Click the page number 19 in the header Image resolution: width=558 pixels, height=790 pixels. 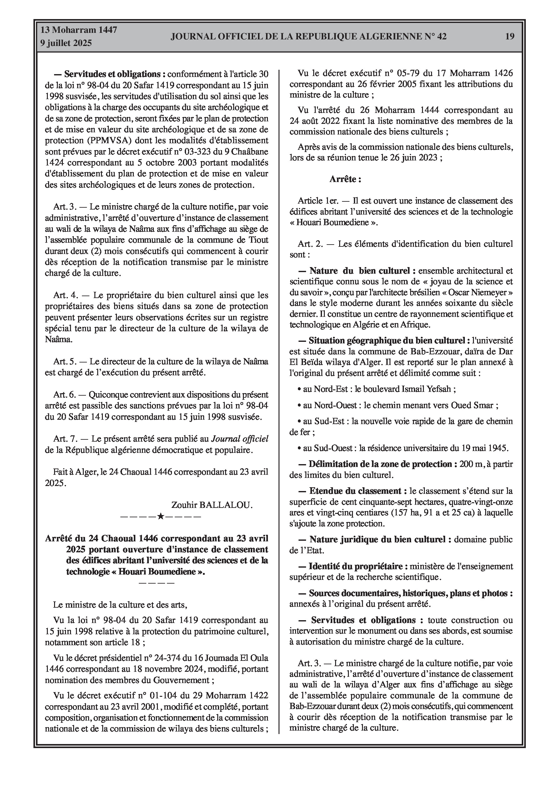pyautogui.click(x=510, y=37)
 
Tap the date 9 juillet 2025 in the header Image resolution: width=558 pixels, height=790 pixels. pyautogui.click(x=66, y=43)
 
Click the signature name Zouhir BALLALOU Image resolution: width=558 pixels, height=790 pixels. pyautogui.click(x=212, y=505)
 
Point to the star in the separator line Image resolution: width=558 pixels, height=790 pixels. pyautogui.click(x=160, y=516)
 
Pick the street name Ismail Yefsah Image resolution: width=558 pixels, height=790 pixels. pyautogui.click(x=429, y=389)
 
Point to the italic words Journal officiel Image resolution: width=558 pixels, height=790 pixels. pyautogui.click(x=239, y=439)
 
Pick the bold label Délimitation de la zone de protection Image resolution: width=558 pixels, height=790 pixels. pyautogui.click(x=380, y=464)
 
